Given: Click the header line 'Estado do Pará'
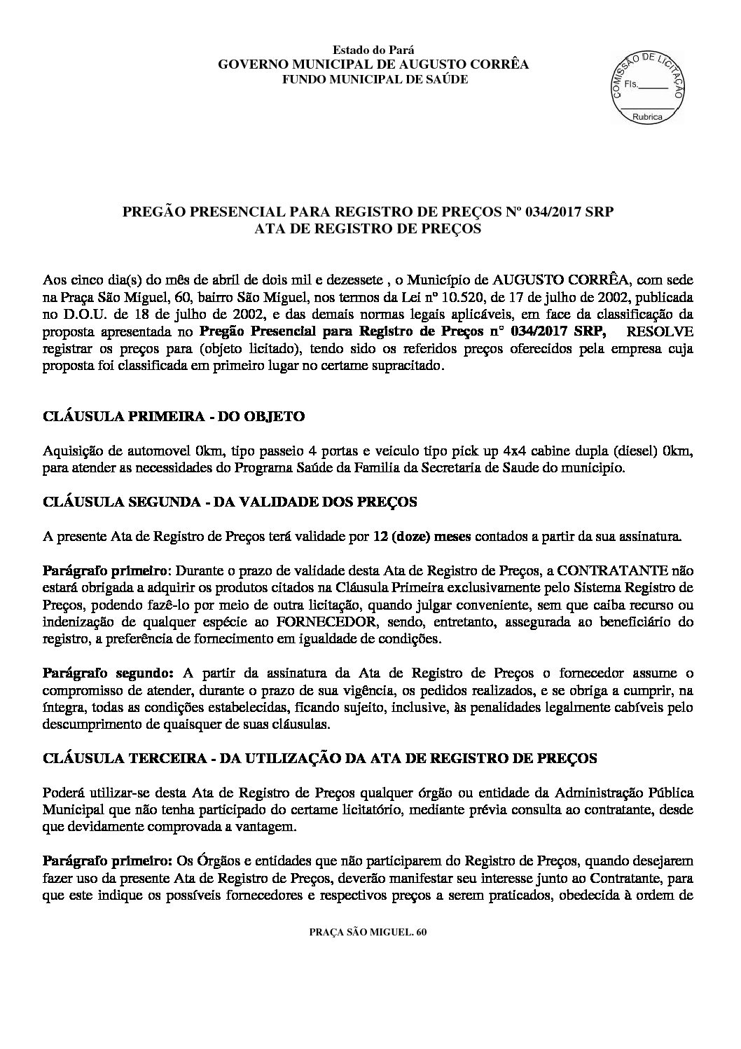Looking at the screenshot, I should tap(373, 50).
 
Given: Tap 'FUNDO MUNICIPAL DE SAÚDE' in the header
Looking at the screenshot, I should tap(373, 79).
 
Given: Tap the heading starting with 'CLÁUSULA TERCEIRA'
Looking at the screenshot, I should tap(320, 758).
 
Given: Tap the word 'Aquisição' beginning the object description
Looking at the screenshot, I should tap(70, 451).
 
